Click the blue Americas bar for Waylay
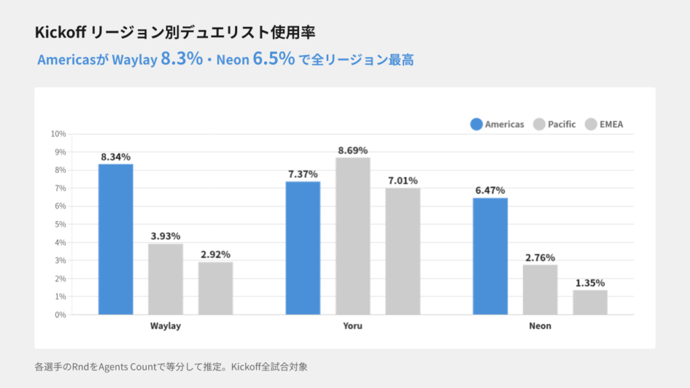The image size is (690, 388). click(x=116, y=239)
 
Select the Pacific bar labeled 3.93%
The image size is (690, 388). click(x=166, y=279)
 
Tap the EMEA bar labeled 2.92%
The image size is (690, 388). click(x=216, y=288)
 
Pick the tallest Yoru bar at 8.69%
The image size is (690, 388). click(x=353, y=236)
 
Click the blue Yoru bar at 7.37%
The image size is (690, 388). click(x=303, y=248)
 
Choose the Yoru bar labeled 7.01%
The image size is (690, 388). click(x=403, y=251)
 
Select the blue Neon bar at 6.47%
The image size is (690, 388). click(x=490, y=256)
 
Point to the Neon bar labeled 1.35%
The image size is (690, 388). click(x=590, y=302)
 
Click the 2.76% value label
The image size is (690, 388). click(x=540, y=257)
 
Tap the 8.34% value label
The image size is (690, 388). click(x=116, y=157)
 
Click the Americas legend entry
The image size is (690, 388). click(x=497, y=124)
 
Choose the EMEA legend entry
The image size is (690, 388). click(x=604, y=124)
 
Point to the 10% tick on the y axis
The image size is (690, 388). click(x=58, y=134)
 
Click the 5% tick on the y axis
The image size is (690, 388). click(x=60, y=224)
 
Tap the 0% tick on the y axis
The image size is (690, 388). click(x=60, y=315)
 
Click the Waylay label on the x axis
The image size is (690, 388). click(x=166, y=326)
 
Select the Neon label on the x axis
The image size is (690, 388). click(x=540, y=326)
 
